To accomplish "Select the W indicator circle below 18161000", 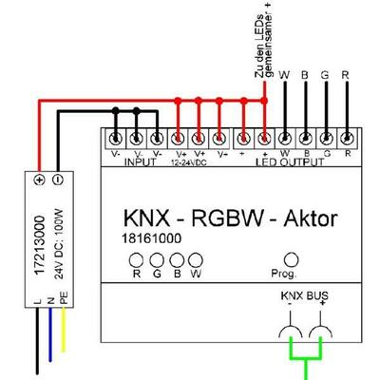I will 197,259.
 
